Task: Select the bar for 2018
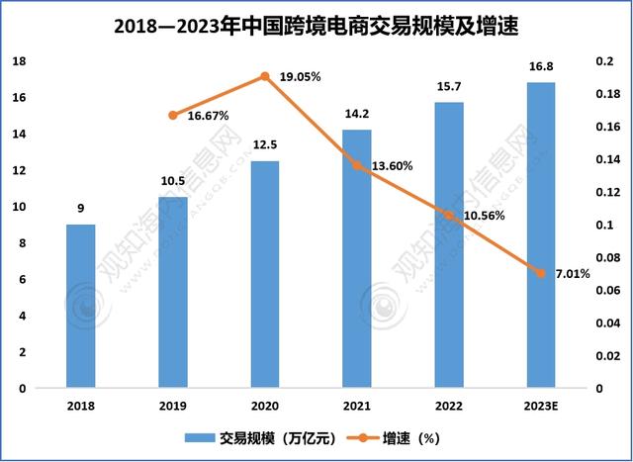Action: coord(81,307)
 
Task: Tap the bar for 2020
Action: coord(265,275)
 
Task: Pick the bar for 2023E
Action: coord(541,235)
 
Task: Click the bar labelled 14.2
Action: coord(357,259)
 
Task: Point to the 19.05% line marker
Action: coord(265,76)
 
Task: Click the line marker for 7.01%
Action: coord(541,273)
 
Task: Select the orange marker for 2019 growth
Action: coord(173,116)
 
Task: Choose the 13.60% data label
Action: coord(392,166)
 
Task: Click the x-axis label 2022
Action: coord(449,406)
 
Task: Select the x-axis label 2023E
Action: coord(541,406)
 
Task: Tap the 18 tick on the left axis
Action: coord(18,61)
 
